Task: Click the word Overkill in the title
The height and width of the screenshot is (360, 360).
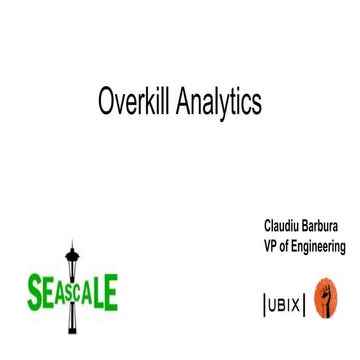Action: point(135,101)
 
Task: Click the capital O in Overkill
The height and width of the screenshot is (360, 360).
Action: point(106,101)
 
